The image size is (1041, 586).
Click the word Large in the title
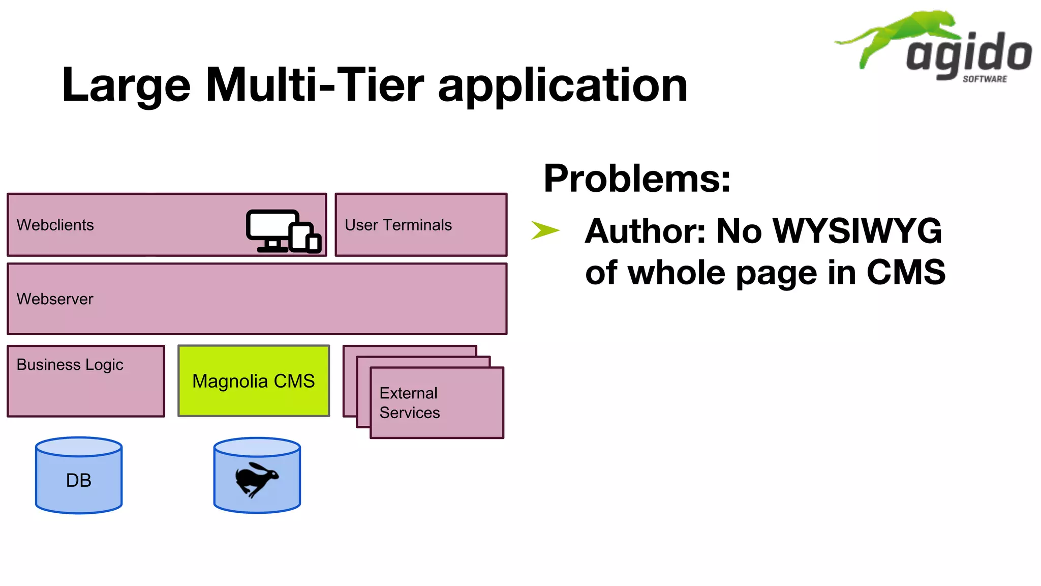point(126,85)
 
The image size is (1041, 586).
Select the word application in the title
point(563,85)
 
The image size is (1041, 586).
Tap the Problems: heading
point(637,179)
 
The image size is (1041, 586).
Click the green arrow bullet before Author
point(545,230)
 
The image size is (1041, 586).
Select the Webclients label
point(55,225)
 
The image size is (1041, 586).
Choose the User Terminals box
point(421,225)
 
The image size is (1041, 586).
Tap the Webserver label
point(55,299)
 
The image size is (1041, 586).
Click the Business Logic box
point(85,381)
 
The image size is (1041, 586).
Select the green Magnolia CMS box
point(253,381)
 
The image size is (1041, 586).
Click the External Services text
point(409,402)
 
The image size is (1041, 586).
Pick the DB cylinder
point(79,476)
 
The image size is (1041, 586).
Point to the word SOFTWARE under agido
point(985,79)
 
